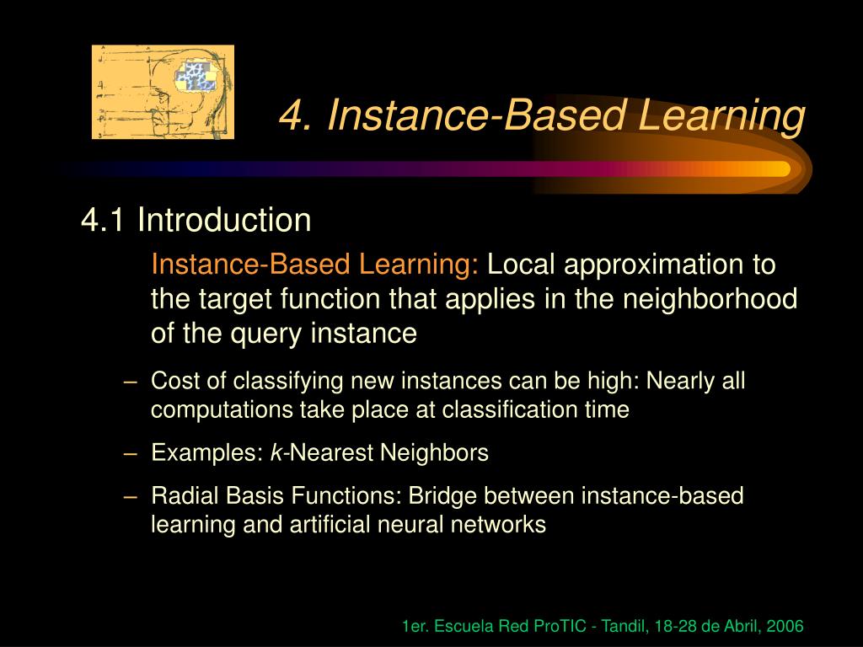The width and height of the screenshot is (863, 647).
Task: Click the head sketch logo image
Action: point(163,92)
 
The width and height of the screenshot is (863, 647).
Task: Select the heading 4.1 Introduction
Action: point(196,221)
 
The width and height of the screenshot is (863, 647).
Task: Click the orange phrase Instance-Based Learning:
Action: point(315,265)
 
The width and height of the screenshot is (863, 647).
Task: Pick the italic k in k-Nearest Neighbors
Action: point(276,453)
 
